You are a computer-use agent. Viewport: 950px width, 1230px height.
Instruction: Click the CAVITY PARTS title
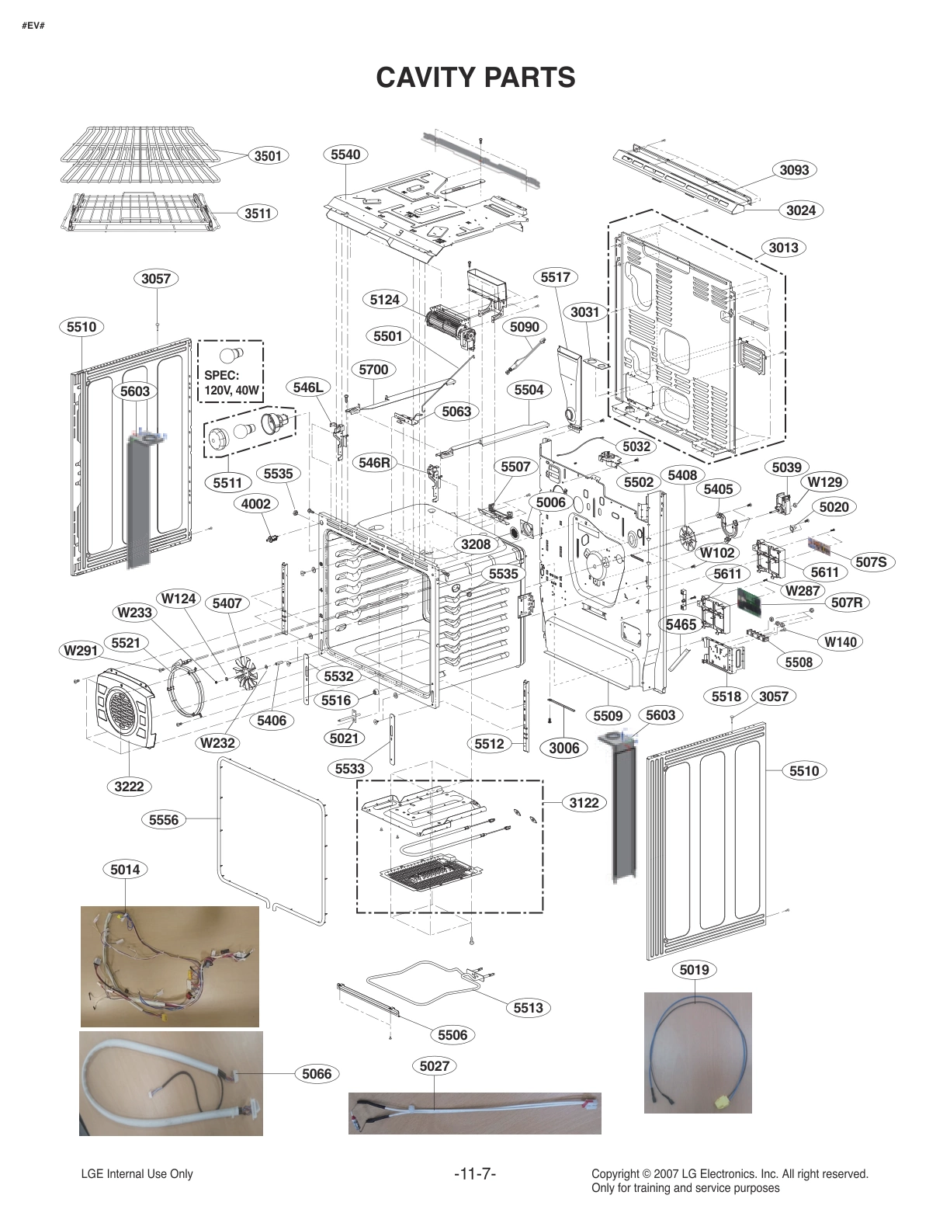(475, 78)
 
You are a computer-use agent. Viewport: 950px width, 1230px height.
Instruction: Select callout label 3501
(268, 156)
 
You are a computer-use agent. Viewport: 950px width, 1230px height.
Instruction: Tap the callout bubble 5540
(345, 155)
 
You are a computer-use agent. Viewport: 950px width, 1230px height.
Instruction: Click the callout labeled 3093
(795, 169)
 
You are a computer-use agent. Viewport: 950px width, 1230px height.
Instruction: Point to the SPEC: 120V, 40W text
(231, 382)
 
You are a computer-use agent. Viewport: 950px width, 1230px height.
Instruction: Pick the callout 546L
(308, 387)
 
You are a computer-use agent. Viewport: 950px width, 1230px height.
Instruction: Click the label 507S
(870, 562)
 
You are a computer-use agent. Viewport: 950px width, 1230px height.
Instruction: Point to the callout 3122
(584, 802)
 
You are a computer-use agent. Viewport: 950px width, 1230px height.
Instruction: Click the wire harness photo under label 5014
(169, 966)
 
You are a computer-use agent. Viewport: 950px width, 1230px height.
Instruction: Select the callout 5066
(317, 1074)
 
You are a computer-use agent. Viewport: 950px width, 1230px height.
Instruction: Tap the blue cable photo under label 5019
(697, 1052)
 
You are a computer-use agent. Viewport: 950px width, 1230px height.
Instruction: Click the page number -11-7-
(474, 1174)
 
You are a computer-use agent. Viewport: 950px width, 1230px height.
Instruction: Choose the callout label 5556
(164, 819)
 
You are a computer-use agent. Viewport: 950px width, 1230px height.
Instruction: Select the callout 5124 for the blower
(384, 299)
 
